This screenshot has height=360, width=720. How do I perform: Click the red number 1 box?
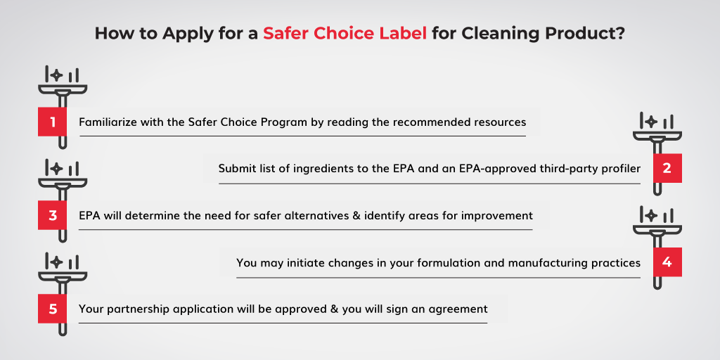[x=52, y=122]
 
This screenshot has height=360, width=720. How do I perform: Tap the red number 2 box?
[x=667, y=168]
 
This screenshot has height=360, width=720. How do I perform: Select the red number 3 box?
[x=52, y=215]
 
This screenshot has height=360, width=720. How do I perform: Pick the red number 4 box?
[x=667, y=262]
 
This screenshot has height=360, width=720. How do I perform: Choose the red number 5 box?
[x=52, y=309]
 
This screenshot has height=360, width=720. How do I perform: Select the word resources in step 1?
[x=503, y=122]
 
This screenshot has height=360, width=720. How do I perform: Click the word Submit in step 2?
[x=233, y=169]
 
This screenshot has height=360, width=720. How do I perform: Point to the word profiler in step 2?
[x=623, y=169]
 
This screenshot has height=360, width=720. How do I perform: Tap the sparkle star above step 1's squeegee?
[x=56, y=75]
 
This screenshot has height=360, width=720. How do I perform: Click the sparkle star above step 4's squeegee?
[x=650, y=215]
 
